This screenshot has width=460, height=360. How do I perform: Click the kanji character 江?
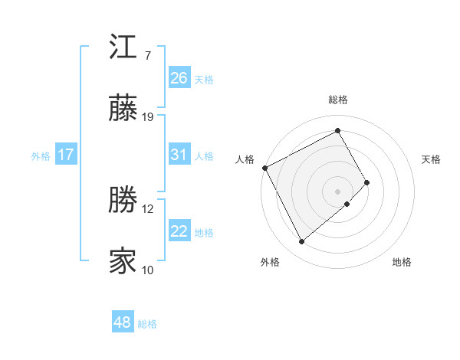click(123, 48)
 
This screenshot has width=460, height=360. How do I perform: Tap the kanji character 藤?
click(123, 111)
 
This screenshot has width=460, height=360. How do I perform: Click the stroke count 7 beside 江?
click(148, 56)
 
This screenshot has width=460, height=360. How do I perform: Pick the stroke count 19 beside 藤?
click(149, 117)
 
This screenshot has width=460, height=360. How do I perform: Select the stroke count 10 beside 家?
click(148, 270)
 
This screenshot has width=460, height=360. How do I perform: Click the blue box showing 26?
click(179, 77)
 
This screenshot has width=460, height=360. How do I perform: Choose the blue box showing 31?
click(179, 155)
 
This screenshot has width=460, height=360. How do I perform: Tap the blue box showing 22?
click(179, 231)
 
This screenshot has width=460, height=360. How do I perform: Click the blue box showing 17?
click(66, 155)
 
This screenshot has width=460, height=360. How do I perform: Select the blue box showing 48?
click(122, 322)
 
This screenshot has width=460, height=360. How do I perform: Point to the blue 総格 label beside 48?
click(147, 324)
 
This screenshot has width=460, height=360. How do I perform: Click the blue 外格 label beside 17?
click(41, 156)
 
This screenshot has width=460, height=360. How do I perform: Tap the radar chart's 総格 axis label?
click(337, 100)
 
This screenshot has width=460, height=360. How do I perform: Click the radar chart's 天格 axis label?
click(432, 159)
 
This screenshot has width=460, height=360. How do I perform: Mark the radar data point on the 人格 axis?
click(264, 168)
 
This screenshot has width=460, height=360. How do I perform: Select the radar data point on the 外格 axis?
click(301, 242)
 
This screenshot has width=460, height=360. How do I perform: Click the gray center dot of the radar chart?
click(337, 191)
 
